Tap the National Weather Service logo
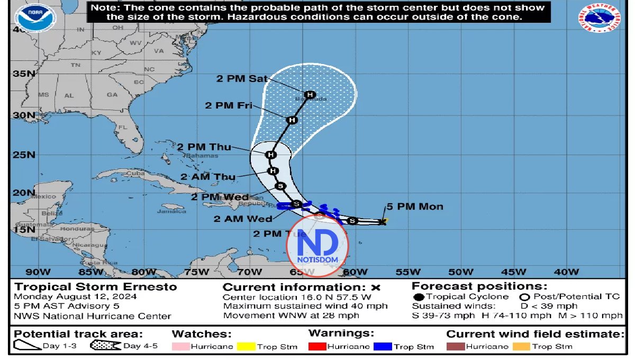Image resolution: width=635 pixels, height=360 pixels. tap(600, 19)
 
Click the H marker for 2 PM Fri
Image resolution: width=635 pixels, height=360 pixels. tap(292, 120)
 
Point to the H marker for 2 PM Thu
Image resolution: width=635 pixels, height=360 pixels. tap(271, 155)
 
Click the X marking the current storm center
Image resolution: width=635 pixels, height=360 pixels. tap(383, 222)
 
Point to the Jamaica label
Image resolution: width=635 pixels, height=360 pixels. tap(167, 211)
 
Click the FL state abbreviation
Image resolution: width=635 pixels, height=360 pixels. tap(123, 128)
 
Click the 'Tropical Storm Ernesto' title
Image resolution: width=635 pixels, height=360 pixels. tap(96, 287)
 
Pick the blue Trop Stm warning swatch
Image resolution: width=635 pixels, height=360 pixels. tap(382, 347)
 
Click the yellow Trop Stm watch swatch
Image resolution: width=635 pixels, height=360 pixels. tap(246, 347)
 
